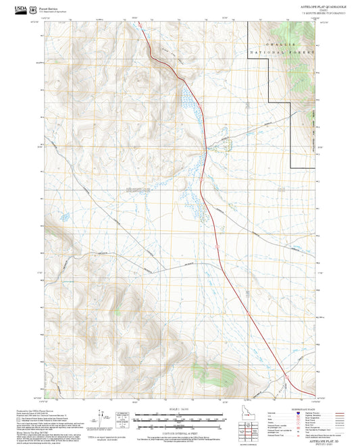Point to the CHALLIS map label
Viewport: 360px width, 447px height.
coord(283,45)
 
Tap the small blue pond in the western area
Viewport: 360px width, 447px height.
coord(65,217)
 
